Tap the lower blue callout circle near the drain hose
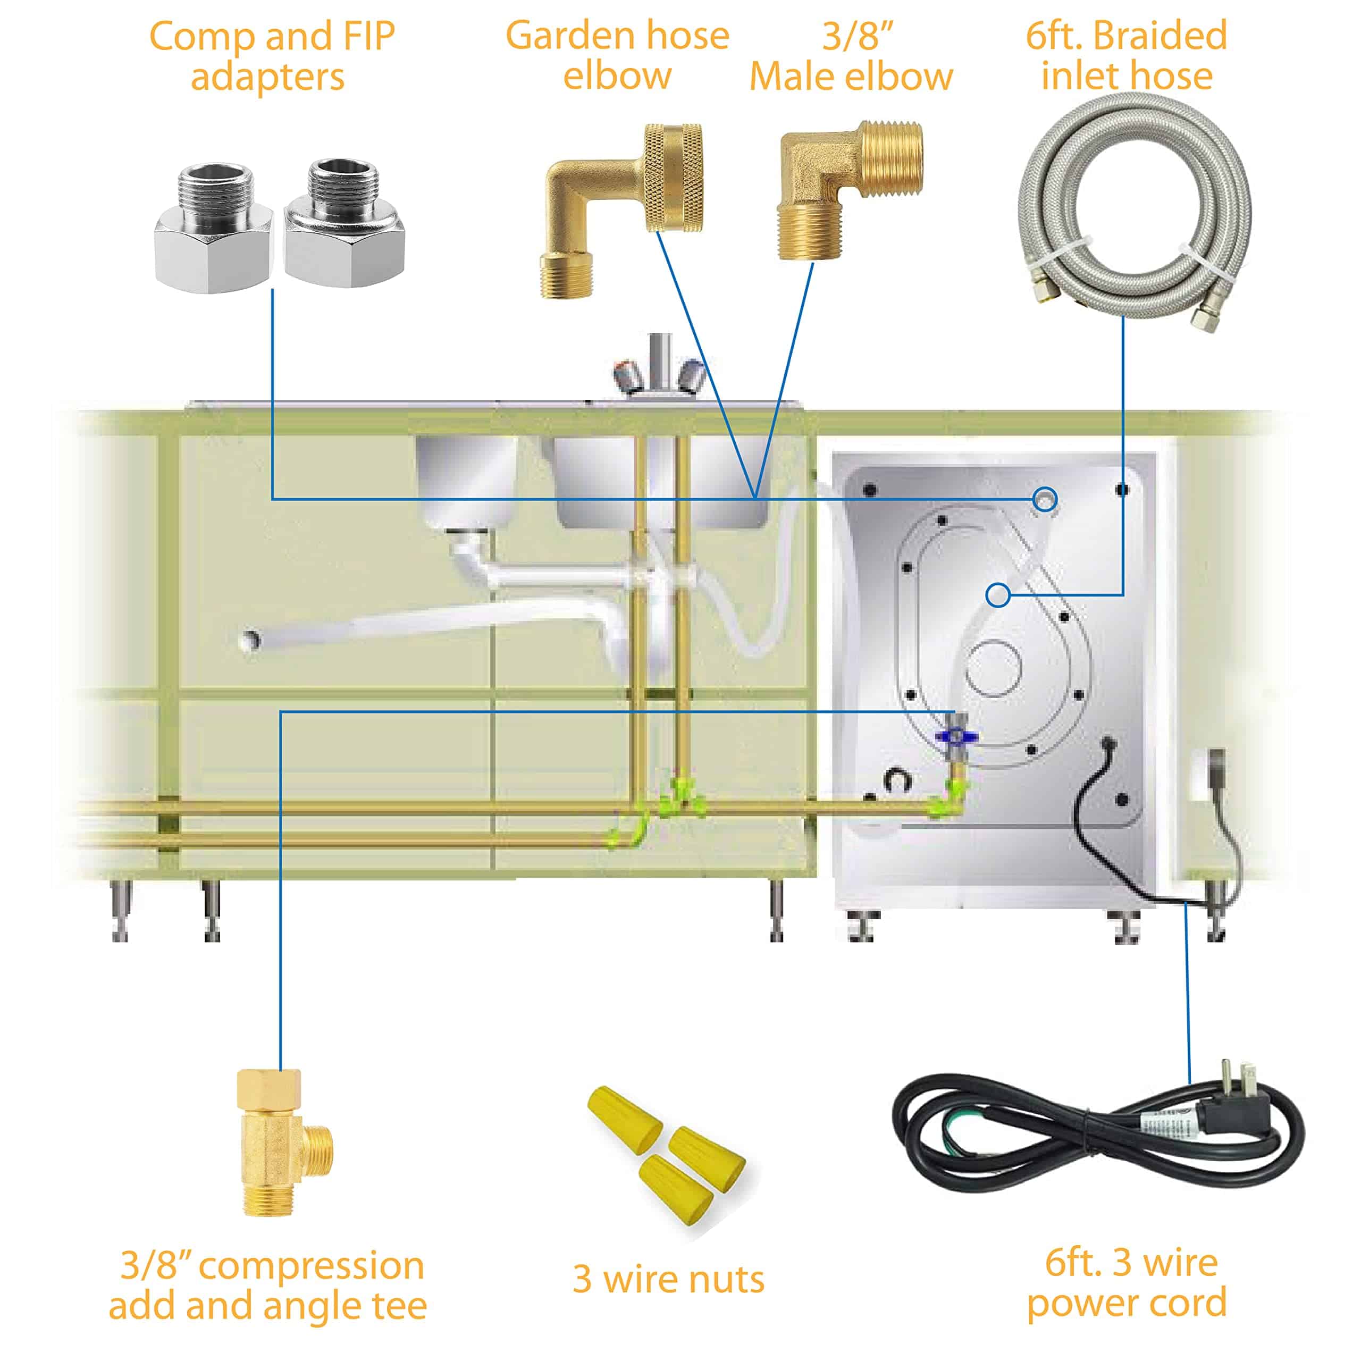point(996,595)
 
